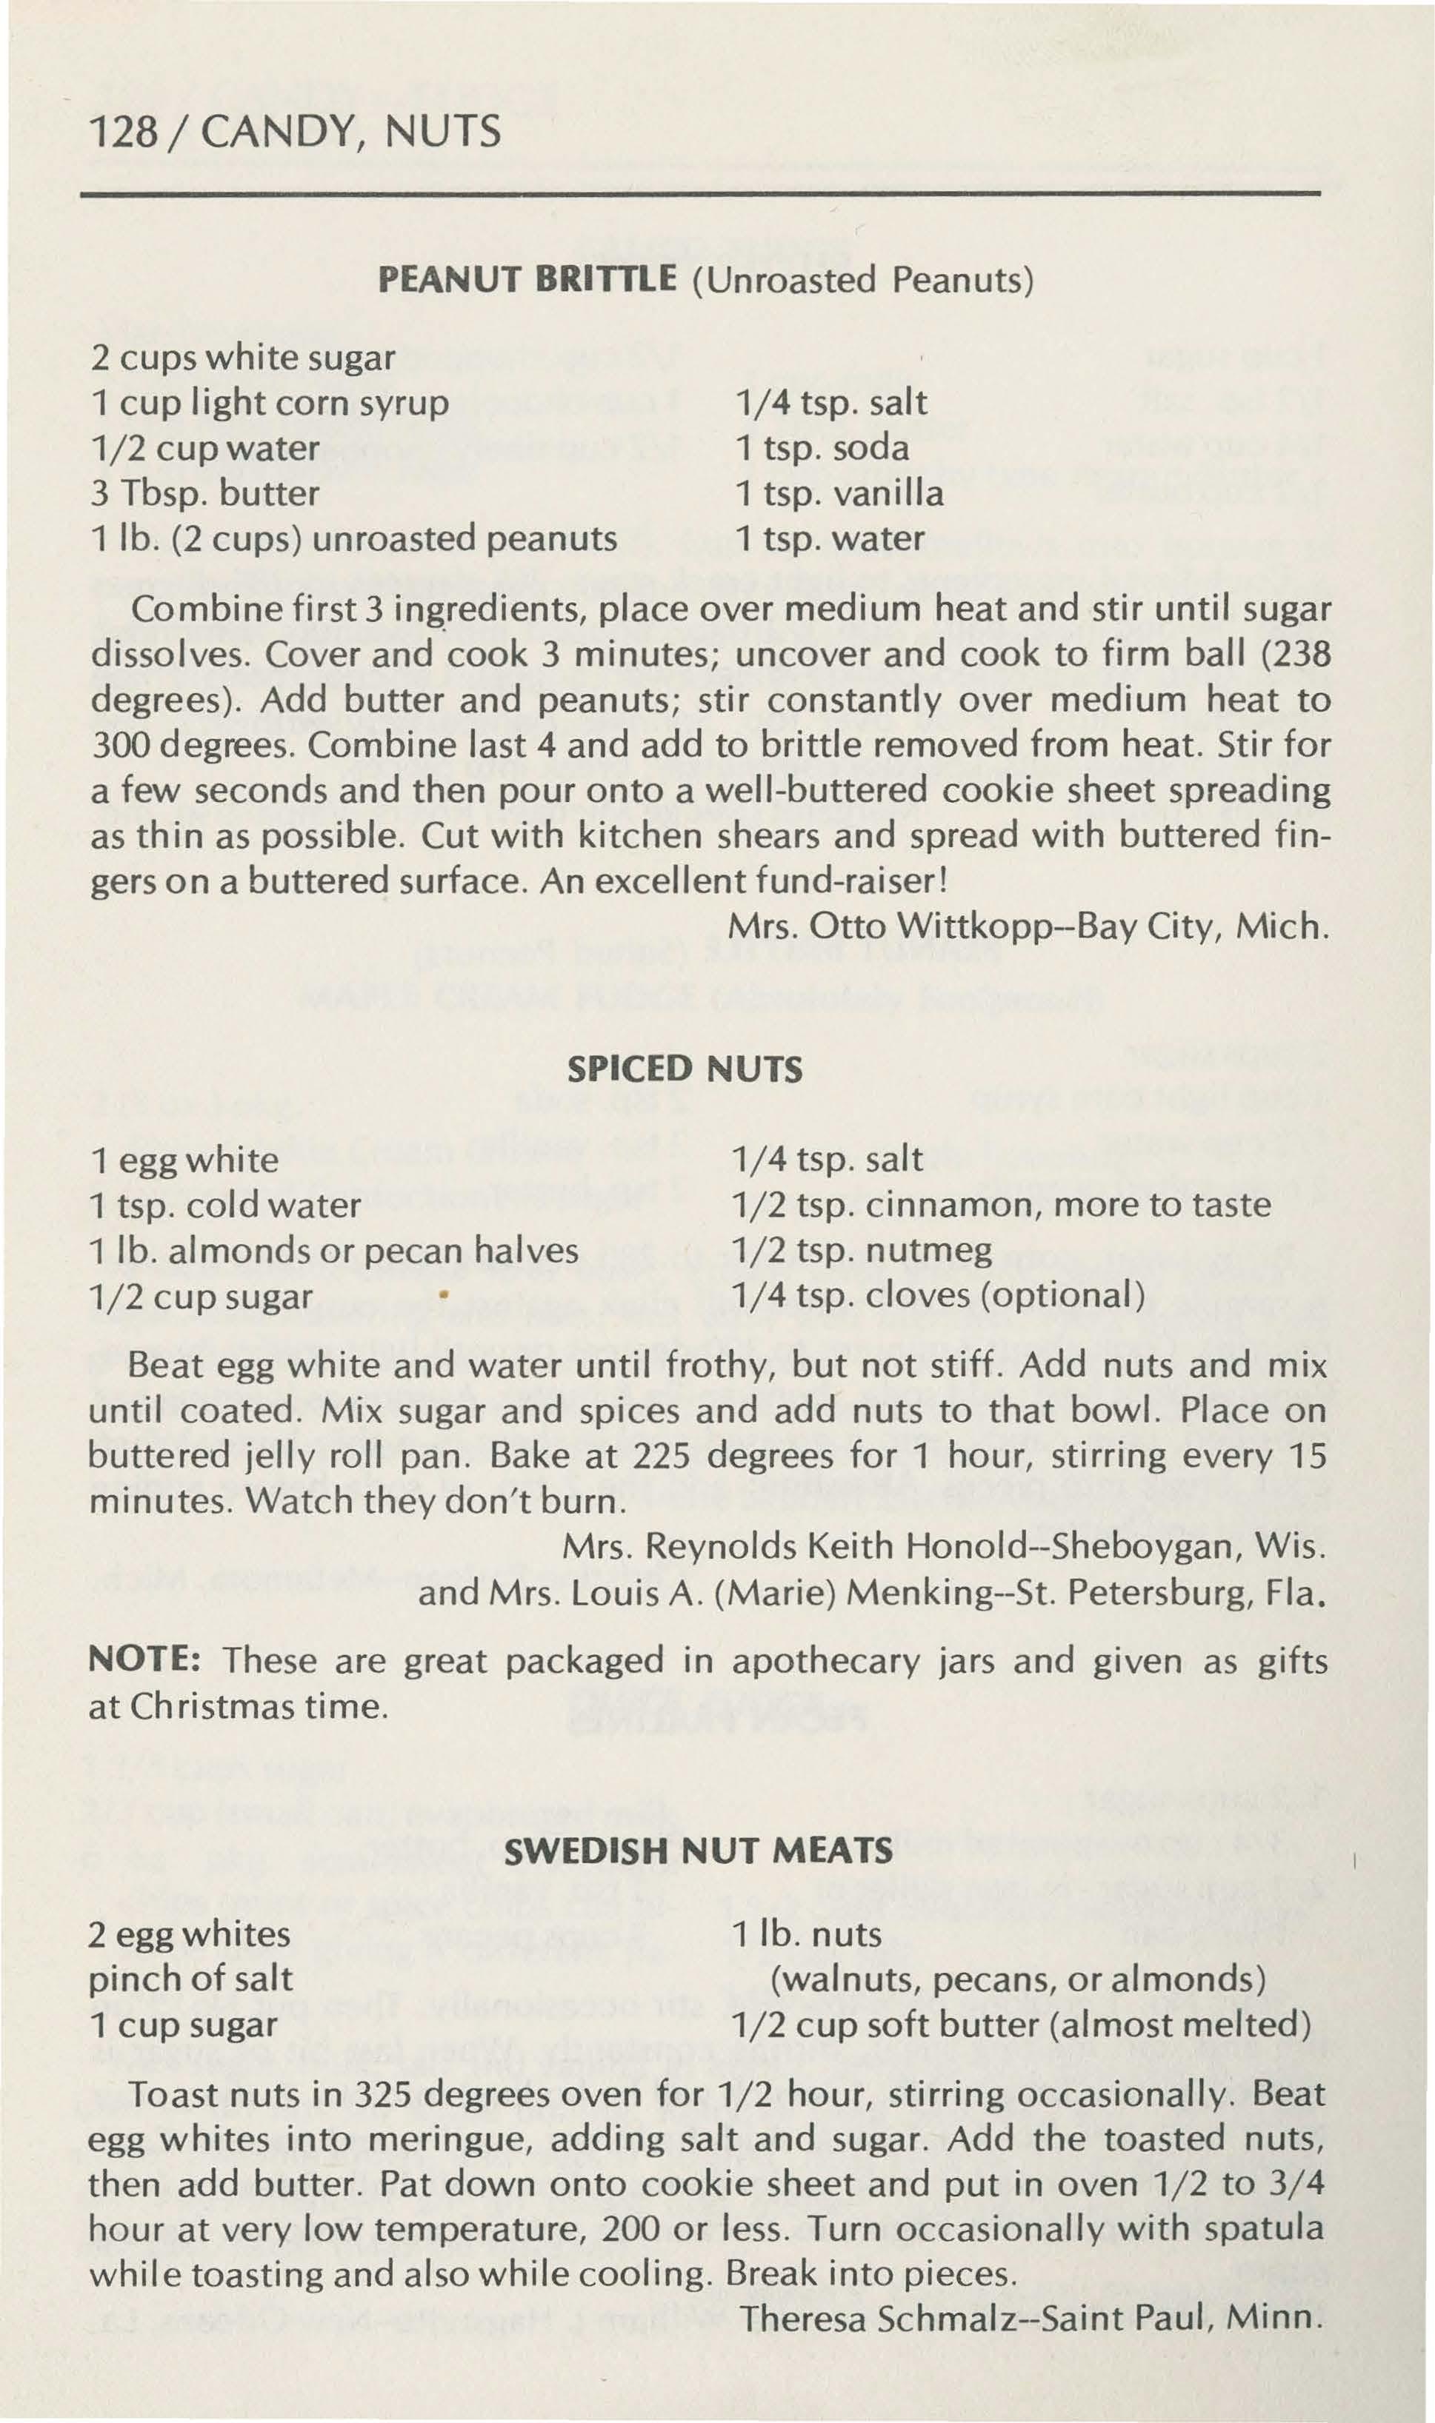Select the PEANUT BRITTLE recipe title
(x=527, y=279)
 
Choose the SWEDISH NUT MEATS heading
(x=698, y=1851)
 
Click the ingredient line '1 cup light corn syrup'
(x=270, y=403)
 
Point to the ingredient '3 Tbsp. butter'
(x=205, y=493)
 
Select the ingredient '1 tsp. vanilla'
(x=839, y=493)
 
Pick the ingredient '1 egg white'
(x=184, y=1159)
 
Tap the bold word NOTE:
(x=144, y=1660)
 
